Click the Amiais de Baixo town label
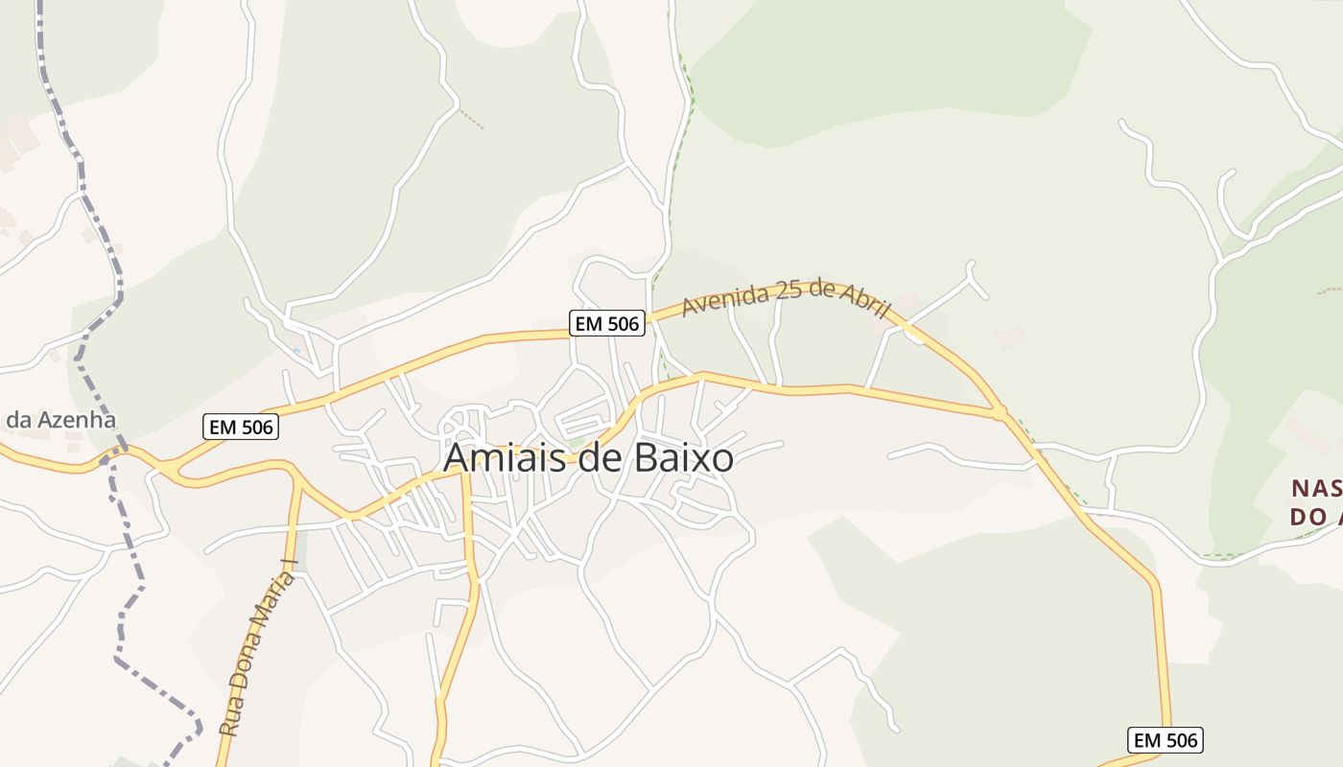pyautogui.click(x=588, y=458)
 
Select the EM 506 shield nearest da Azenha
pyautogui.click(x=240, y=427)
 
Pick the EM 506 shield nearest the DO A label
pyautogui.click(x=1164, y=740)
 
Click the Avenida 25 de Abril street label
pyautogui.click(x=786, y=296)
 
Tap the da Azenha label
pyautogui.click(x=60, y=420)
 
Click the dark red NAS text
pyautogui.click(x=1315, y=489)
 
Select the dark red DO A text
pyautogui.click(x=1314, y=518)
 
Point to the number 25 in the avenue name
pyautogui.click(x=789, y=290)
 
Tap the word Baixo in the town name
pyautogui.click(x=684, y=458)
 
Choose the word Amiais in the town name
pyautogui.click(x=498, y=458)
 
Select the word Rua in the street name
pyautogui.click(x=230, y=718)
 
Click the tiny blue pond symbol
pyautogui.click(x=296, y=350)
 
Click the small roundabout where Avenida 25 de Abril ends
pyautogui.click(x=1000, y=412)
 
